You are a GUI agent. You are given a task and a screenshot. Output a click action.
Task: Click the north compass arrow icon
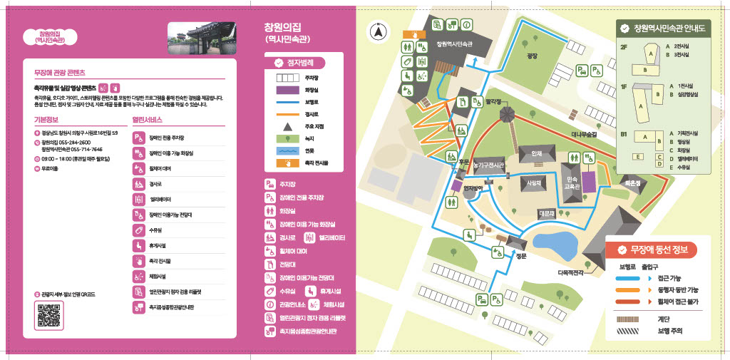pos(378,31)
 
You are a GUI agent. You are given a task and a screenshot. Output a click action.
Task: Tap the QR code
pos(48,315)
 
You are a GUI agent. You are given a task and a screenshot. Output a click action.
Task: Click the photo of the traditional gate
pos(190,38)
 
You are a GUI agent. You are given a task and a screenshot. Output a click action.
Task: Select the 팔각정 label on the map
pos(493,101)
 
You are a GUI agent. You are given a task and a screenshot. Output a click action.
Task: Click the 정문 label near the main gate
pos(520,255)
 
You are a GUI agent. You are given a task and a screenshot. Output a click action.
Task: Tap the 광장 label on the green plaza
pos(531,55)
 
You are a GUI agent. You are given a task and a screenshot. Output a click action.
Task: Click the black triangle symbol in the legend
pos(284,125)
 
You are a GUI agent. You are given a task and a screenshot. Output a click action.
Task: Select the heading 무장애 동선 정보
pos(656,250)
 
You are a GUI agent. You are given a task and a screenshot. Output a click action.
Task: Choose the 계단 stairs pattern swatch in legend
pos(631,319)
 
